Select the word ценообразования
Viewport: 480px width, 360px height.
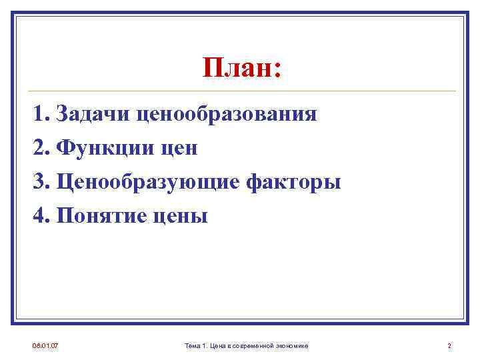227,114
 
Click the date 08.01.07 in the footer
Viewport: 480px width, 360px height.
45,345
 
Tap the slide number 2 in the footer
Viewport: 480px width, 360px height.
449,345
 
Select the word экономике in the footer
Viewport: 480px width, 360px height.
292,345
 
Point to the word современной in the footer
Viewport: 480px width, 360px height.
253,345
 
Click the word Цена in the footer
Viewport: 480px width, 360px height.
217,345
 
